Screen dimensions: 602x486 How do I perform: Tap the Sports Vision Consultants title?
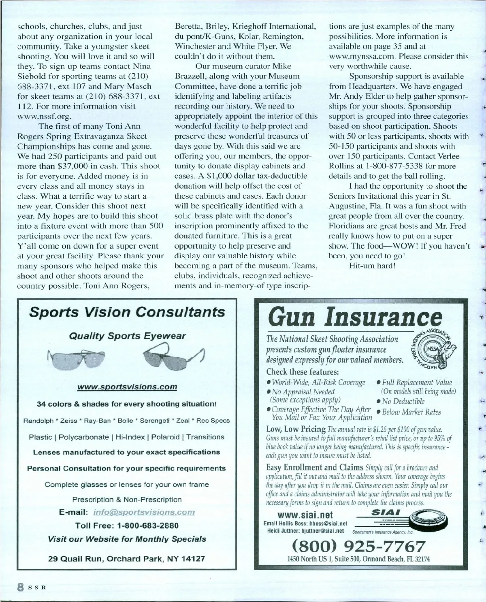pyautogui.click(x=127, y=312)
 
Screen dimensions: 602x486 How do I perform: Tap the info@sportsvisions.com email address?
pyautogui.click(x=144, y=512)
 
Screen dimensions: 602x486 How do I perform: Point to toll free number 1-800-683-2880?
pyautogui.click(x=127, y=525)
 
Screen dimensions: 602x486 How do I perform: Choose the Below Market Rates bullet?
pyautogui.click(x=411, y=412)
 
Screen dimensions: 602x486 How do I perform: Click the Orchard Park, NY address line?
pyautogui.click(x=127, y=559)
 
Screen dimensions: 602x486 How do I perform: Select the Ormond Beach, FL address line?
pyautogui.click(x=358, y=559)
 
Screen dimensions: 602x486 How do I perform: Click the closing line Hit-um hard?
pyautogui.click(x=372, y=266)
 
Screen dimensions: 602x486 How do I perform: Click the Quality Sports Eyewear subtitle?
pyautogui.click(x=127, y=336)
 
